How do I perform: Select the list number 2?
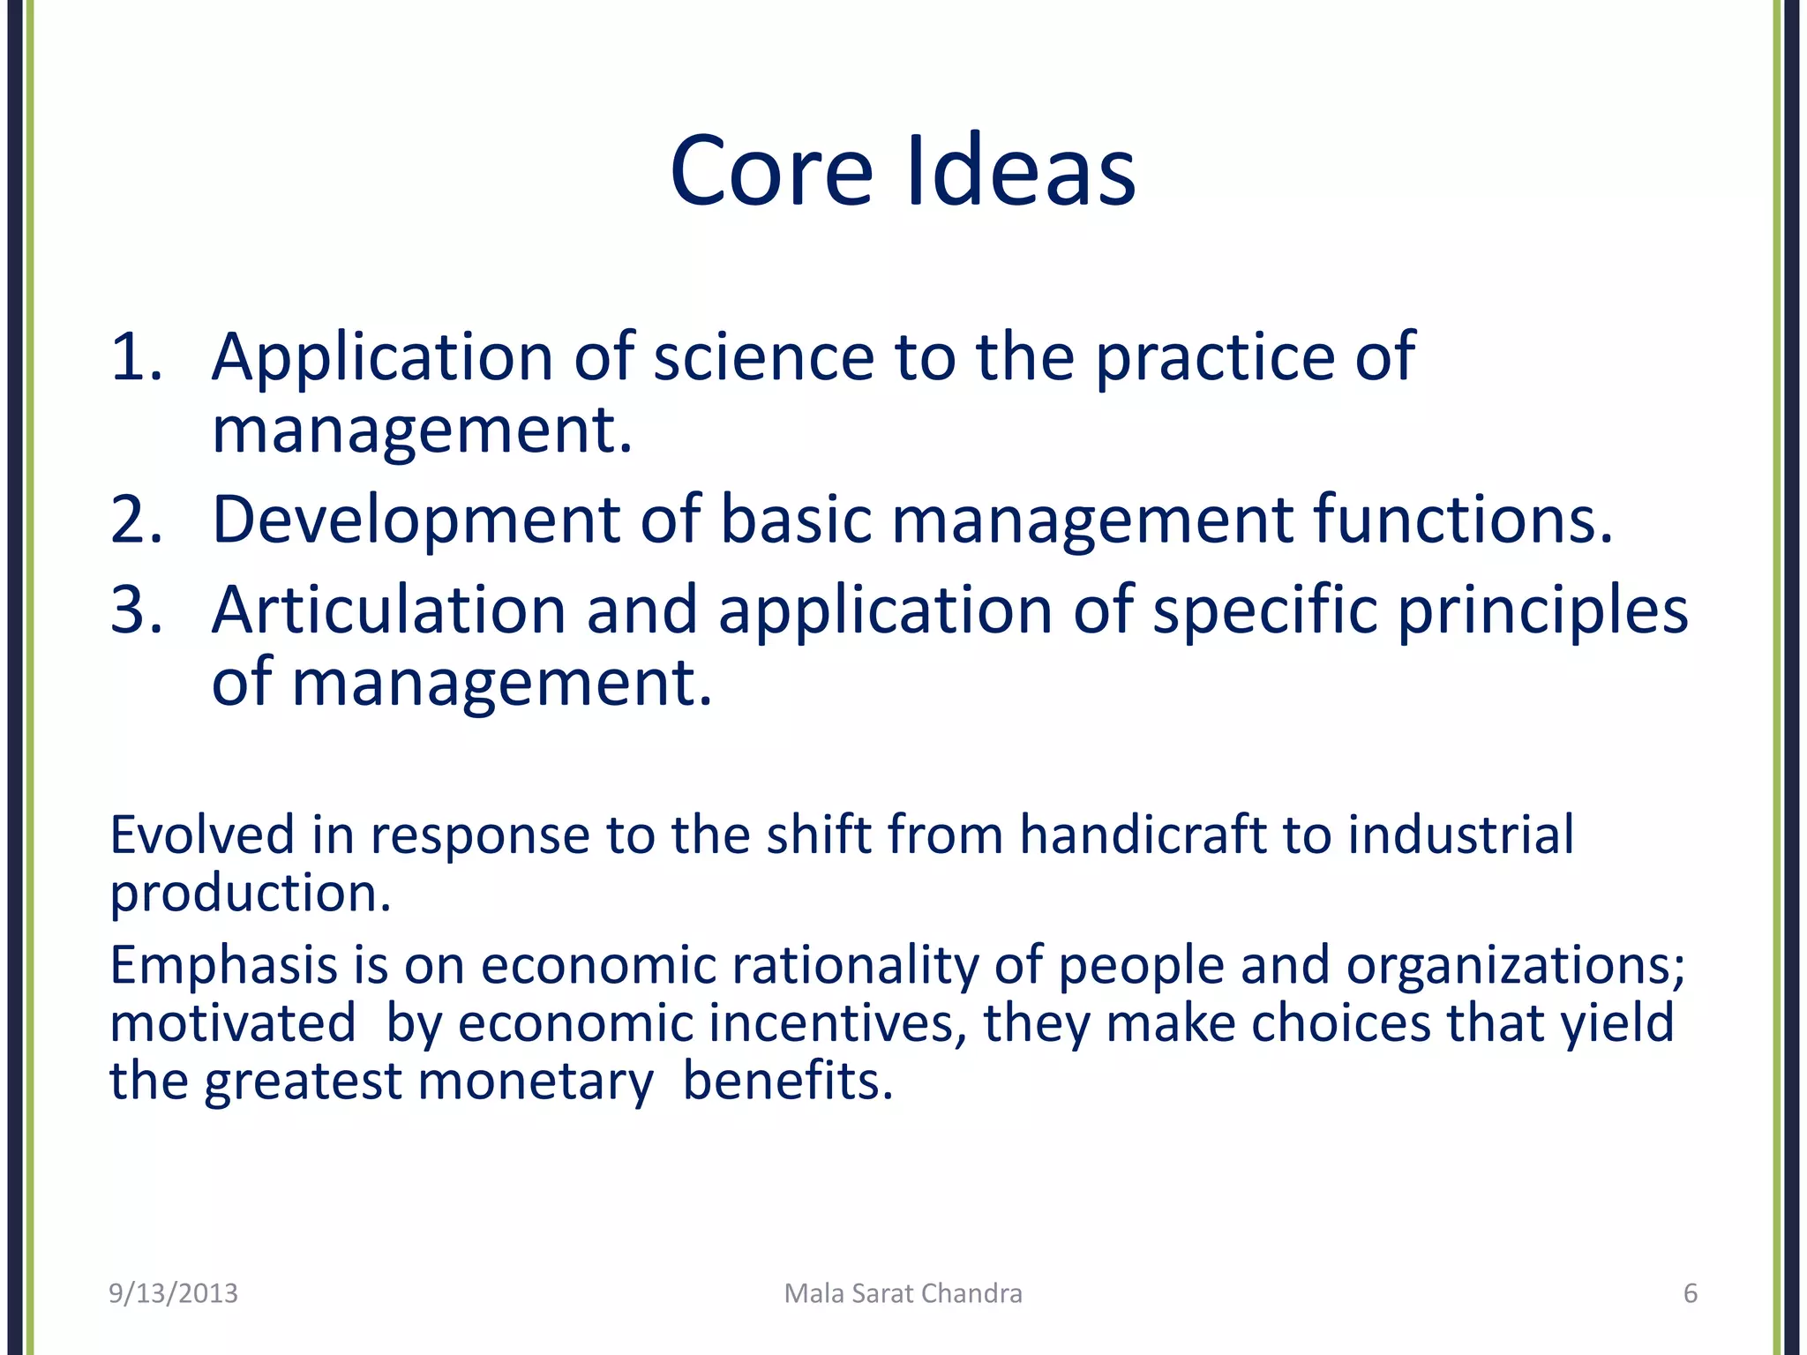point(137,520)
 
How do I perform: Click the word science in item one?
point(763,356)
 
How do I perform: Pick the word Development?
point(416,521)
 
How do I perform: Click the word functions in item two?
point(1463,520)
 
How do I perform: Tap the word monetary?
point(536,1082)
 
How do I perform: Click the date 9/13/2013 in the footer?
point(173,1293)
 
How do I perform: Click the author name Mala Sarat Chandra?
point(903,1293)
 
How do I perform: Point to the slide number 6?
point(1690,1293)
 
